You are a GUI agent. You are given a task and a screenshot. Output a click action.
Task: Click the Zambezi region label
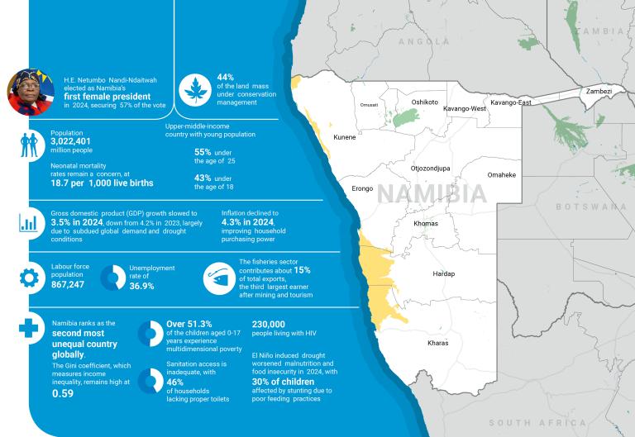coord(597,91)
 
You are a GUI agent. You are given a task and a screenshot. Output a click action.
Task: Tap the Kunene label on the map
coord(344,137)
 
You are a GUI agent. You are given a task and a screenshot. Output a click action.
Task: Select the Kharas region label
coord(438,342)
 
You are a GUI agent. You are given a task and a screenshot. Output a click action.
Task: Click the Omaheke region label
coord(502,175)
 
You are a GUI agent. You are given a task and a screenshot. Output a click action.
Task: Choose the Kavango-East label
coord(510,102)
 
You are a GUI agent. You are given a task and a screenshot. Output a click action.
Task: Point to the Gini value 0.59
coord(64,394)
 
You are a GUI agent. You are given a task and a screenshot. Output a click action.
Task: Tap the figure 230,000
coord(269,325)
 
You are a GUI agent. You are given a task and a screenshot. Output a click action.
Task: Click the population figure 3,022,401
coord(75,141)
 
